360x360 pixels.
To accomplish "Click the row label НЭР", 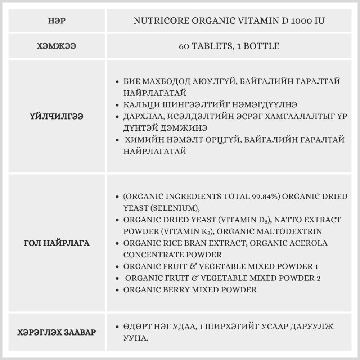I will (x=57, y=21).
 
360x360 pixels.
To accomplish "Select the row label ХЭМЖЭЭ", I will (x=57, y=46).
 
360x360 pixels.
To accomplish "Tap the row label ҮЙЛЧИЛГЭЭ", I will (x=57, y=116).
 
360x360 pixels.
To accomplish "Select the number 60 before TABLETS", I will (x=183, y=46).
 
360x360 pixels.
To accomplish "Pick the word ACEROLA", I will (x=307, y=243).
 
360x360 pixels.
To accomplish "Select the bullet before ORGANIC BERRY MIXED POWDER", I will (x=117, y=290).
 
